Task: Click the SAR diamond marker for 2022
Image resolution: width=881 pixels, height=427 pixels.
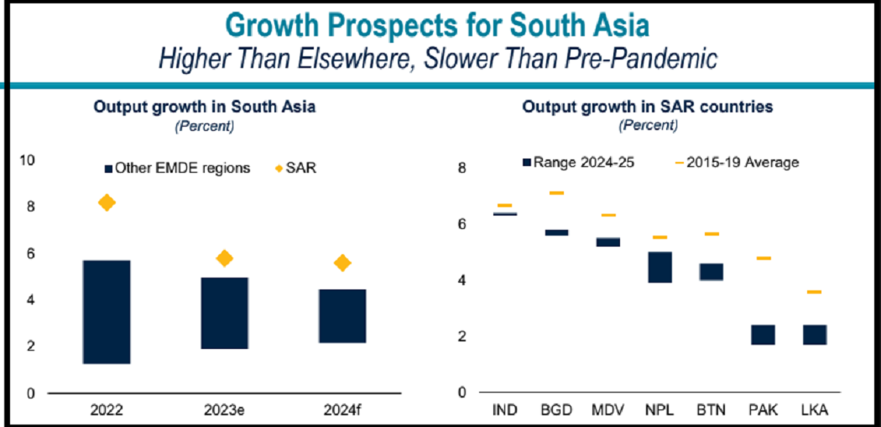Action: point(107,202)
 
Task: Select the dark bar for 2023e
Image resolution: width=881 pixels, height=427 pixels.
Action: point(224,313)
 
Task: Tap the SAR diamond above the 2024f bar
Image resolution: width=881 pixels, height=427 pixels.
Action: point(341,263)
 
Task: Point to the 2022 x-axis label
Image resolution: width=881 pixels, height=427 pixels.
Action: point(107,411)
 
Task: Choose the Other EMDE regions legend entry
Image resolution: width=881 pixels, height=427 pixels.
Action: point(177,168)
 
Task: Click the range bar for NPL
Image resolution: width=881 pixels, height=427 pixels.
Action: point(660,267)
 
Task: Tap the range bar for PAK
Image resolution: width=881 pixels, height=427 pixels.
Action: point(763,334)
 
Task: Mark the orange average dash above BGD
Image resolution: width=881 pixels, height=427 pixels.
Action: point(556,193)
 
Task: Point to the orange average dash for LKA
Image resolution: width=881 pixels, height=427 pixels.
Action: point(814,292)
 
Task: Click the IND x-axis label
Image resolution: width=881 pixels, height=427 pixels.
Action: point(504,411)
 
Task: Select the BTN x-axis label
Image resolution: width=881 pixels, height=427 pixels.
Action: point(712,411)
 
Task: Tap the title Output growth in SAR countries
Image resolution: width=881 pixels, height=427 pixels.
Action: point(648,107)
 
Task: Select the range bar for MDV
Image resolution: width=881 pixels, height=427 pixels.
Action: point(608,242)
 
